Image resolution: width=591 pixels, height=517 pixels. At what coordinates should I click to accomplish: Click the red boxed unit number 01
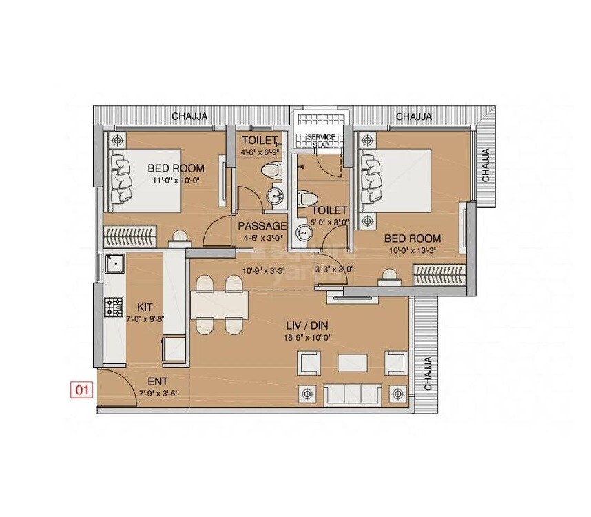click(82, 391)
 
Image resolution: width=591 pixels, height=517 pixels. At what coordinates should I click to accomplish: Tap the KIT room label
click(145, 306)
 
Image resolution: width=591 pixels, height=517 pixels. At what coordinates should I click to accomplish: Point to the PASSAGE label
click(262, 225)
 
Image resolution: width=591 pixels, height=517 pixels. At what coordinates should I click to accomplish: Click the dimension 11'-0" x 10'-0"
click(176, 181)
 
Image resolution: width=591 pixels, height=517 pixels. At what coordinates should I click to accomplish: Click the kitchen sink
click(113, 263)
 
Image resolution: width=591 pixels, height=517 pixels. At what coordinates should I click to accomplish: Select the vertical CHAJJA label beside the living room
click(428, 374)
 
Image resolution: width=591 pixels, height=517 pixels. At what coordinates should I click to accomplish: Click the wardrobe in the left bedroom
click(128, 235)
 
